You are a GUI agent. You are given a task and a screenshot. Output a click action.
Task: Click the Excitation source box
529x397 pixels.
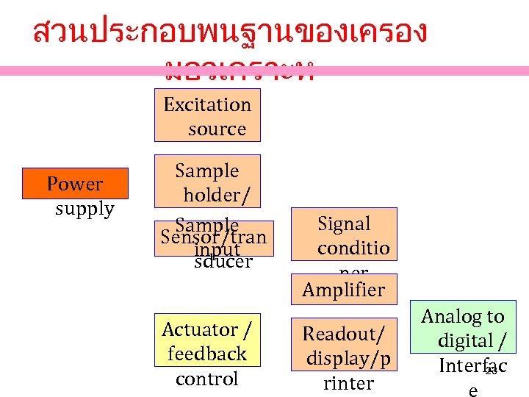207,115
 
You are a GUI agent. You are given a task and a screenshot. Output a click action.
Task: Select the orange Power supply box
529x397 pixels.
76,184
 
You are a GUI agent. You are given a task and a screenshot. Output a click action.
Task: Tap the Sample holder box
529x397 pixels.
207,182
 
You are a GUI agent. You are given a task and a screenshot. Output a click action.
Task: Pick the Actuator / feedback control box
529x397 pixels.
207,354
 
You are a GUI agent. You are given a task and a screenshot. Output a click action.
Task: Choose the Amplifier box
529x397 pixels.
343,290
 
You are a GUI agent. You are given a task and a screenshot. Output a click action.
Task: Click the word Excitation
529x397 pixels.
207,104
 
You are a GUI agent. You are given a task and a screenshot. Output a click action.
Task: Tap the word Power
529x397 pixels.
74,184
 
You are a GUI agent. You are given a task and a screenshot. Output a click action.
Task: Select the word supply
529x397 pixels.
85,209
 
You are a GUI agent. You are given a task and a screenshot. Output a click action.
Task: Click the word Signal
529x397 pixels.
344,223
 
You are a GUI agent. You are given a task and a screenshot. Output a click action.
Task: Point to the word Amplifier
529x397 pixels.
343,290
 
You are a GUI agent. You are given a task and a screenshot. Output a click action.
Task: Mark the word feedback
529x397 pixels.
207,354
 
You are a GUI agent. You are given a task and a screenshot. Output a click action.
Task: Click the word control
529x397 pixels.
207,379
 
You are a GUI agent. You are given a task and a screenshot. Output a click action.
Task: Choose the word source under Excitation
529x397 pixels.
217,129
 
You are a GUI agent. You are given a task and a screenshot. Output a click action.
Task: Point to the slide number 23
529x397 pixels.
492,372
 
